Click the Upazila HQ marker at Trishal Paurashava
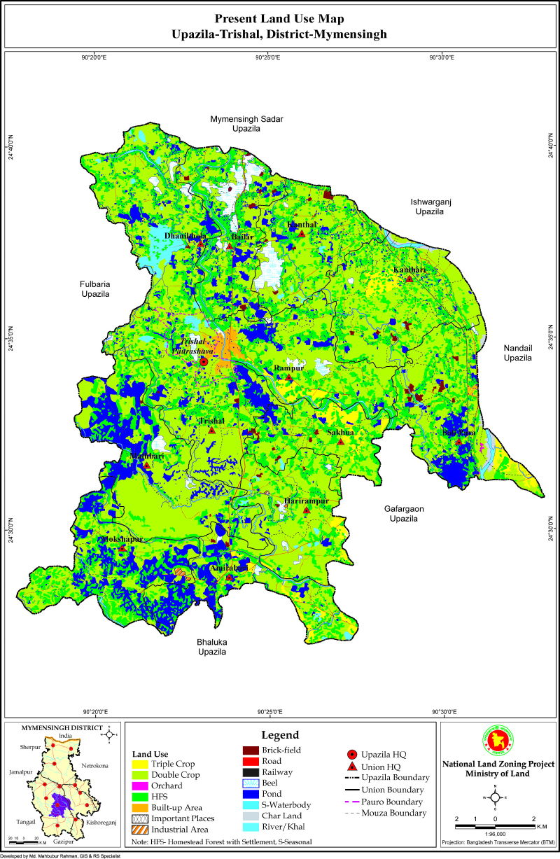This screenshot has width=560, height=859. [204, 362]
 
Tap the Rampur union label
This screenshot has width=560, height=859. [287, 368]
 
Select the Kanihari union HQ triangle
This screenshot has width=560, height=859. [409, 279]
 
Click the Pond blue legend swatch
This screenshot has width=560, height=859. [251, 794]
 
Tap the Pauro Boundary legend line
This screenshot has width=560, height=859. [356, 802]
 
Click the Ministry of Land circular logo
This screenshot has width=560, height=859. [495, 743]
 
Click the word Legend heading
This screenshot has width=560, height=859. [280, 735]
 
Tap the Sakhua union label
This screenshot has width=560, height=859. [340, 433]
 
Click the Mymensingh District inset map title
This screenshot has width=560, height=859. [59, 727]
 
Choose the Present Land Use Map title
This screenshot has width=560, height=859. [280, 19]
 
